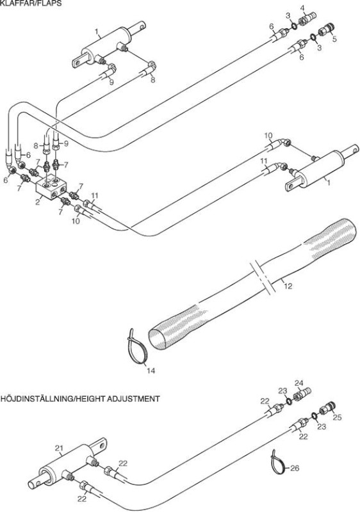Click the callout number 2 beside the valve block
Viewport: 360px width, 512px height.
click(38, 202)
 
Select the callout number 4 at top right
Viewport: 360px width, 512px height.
click(302, 8)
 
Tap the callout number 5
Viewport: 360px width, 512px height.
click(334, 38)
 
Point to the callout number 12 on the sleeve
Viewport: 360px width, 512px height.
click(288, 286)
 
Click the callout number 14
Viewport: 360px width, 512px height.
click(151, 371)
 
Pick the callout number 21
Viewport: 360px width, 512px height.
click(59, 449)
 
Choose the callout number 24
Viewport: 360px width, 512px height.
click(299, 383)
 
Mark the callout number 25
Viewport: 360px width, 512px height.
click(337, 417)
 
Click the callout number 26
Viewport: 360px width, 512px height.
click(295, 468)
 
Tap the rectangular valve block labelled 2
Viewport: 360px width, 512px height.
click(51, 188)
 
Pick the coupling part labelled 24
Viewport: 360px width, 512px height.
click(303, 394)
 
